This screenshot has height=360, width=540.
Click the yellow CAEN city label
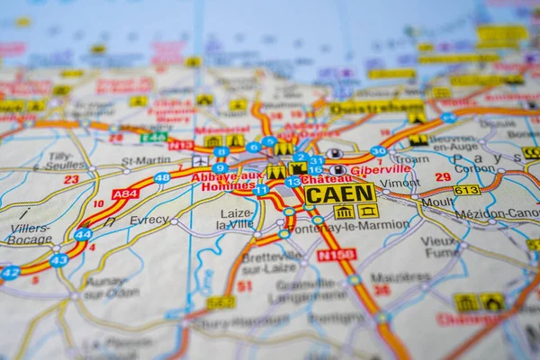point(339,193)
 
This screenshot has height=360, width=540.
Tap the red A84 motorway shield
point(125,193)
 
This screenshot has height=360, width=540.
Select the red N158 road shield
point(337,255)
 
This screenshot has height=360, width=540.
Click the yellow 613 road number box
point(466,190)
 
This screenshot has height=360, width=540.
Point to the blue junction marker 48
point(162,178)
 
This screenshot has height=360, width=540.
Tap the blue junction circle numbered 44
point(83,234)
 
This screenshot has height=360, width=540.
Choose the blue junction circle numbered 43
point(58,260)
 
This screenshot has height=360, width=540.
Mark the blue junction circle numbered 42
point(10,272)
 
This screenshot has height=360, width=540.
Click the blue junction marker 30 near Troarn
point(379,151)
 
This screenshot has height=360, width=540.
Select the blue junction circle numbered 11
point(260,190)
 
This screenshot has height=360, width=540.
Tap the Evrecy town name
point(148,220)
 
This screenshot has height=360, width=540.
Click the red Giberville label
point(380,169)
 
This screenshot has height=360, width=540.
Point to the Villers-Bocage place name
point(31,234)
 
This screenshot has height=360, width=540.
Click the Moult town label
point(438,202)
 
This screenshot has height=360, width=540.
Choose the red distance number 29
point(443,177)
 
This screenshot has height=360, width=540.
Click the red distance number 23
point(71,179)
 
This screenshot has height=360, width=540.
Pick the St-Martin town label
point(146,161)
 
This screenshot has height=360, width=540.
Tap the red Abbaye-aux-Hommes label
point(228,180)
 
